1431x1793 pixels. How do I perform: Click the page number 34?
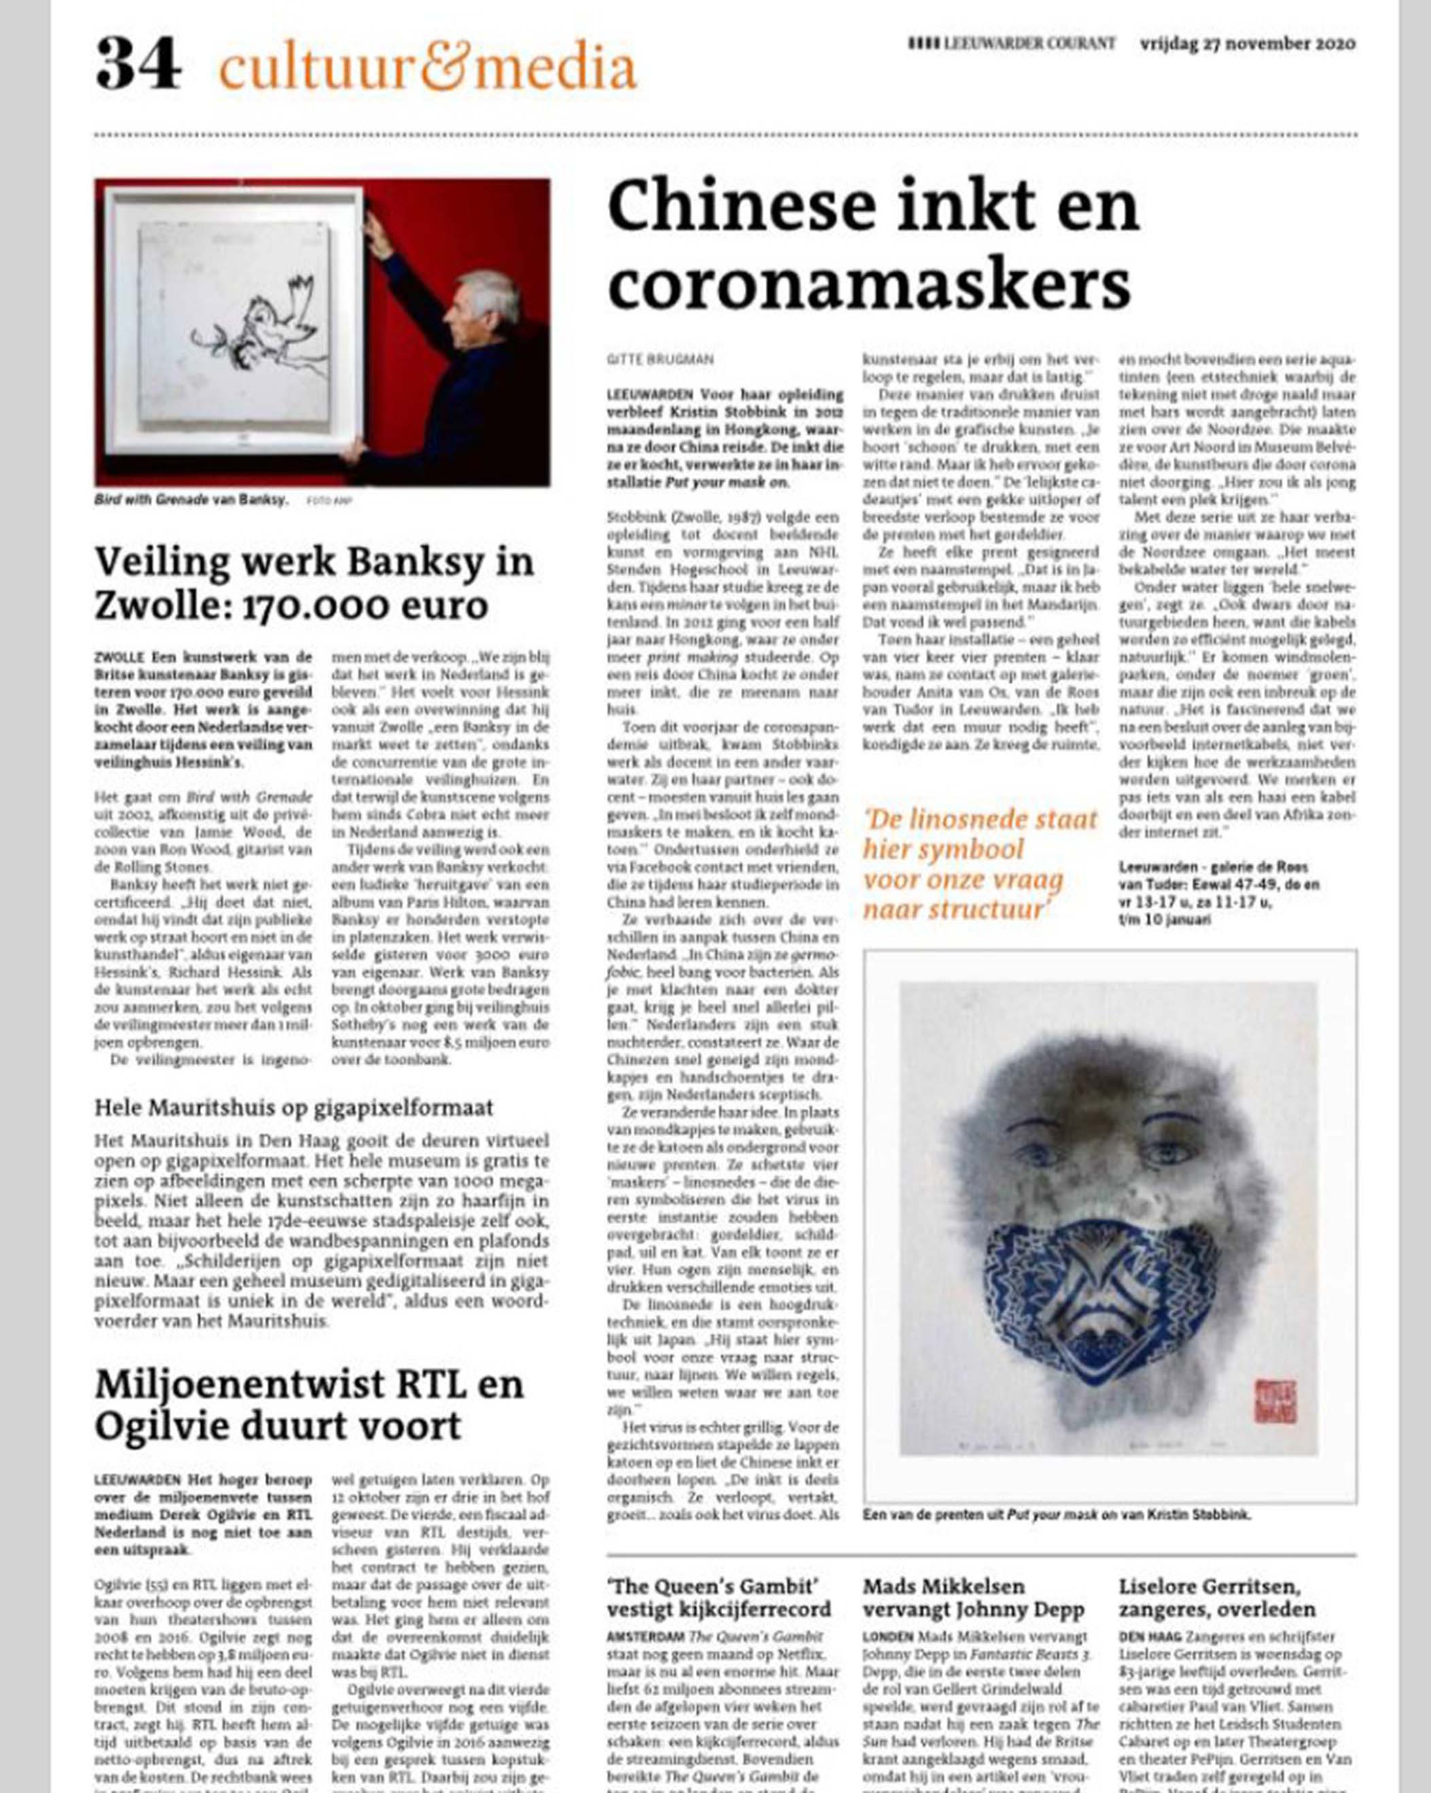point(138,64)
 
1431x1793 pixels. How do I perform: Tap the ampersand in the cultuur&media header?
point(446,67)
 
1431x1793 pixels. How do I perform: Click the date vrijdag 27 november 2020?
point(1248,44)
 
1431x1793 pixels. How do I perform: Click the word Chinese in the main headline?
point(736,207)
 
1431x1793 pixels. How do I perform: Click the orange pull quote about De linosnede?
point(980,864)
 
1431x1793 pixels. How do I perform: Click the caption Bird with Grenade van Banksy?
point(191,500)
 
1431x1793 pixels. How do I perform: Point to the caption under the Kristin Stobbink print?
point(1056,1514)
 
